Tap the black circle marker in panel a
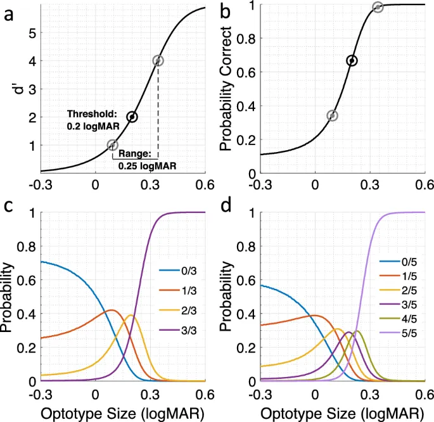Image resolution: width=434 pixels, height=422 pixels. [132, 117]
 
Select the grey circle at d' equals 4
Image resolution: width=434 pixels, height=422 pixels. [158, 61]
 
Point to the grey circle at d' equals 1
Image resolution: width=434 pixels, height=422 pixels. [113, 144]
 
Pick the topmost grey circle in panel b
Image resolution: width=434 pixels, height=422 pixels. [378, 7]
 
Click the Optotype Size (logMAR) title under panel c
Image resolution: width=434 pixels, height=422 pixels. [123, 412]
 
